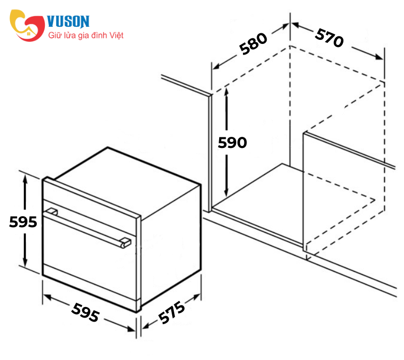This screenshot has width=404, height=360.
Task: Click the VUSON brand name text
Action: tap(68, 21)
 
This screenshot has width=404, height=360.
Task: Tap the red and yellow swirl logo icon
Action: tap(27, 26)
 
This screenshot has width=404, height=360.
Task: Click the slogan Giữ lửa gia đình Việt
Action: tap(86, 35)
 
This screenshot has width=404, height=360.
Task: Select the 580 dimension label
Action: tap(254, 44)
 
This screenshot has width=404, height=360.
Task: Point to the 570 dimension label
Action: tap(329, 38)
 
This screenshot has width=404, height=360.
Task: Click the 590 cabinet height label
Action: tap(232, 142)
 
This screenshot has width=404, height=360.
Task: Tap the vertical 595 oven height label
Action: tap(23, 222)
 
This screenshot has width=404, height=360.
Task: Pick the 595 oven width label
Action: tap(85, 313)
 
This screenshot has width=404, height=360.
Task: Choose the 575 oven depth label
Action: tap(171, 312)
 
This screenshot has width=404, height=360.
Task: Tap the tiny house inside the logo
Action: tap(29, 33)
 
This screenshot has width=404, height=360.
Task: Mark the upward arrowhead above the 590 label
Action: tap(226, 92)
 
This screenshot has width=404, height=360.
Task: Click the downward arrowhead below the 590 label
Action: tap(226, 192)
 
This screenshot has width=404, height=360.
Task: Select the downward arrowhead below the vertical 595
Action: tap(25, 263)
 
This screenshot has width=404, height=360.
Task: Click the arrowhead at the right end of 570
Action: tap(379, 57)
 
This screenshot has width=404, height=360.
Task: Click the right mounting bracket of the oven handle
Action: tap(125, 242)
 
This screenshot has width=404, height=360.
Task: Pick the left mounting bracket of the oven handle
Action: tap(51, 212)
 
